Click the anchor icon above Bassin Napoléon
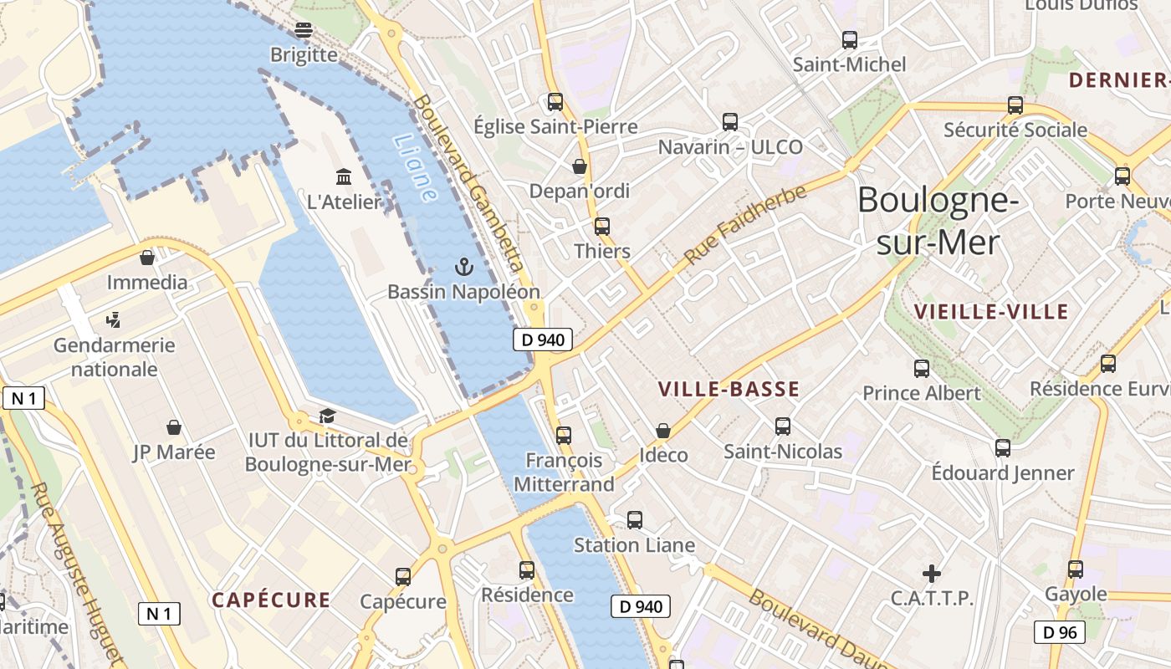tap(463, 267)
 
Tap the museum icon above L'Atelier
tap(344, 176)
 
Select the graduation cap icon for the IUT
tap(327, 416)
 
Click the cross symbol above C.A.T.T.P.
tap(931, 573)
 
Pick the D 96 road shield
tap(1060, 632)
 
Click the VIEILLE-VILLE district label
tap(991, 312)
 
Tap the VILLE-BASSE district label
tap(729, 389)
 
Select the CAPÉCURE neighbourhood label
tap(270, 600)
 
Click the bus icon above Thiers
tap(602, 226)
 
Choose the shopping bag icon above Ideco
tap(663, 431)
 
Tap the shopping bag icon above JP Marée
tap(174, 427)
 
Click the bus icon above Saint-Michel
tap(850, 39)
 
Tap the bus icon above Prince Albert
tap(922, 368)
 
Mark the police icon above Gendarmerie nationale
tap(115, 319)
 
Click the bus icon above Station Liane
tap(635, 520)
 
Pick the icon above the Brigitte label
tap(304, 30)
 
